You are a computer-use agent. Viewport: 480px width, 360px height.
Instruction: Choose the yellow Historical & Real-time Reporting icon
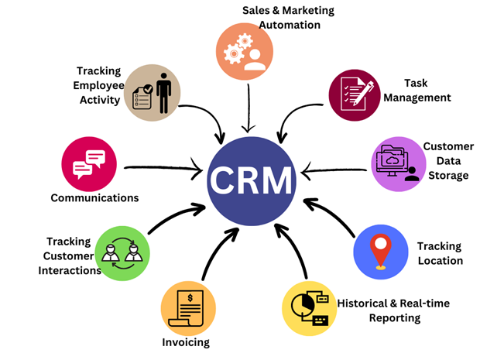[x=309, y=308]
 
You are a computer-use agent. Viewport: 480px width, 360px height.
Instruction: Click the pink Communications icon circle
[x=88, y=163]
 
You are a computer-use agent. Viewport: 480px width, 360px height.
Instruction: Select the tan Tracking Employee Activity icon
[x=152, y=91]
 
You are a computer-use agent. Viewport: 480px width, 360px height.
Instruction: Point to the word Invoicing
[x=186, y=342]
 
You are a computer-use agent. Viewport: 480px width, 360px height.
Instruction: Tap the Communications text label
[x=94, y=197]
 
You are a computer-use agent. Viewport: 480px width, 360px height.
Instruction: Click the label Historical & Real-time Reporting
[x=393, y=310]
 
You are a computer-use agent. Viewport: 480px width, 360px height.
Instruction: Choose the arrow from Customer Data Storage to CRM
[x=333, y=166]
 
